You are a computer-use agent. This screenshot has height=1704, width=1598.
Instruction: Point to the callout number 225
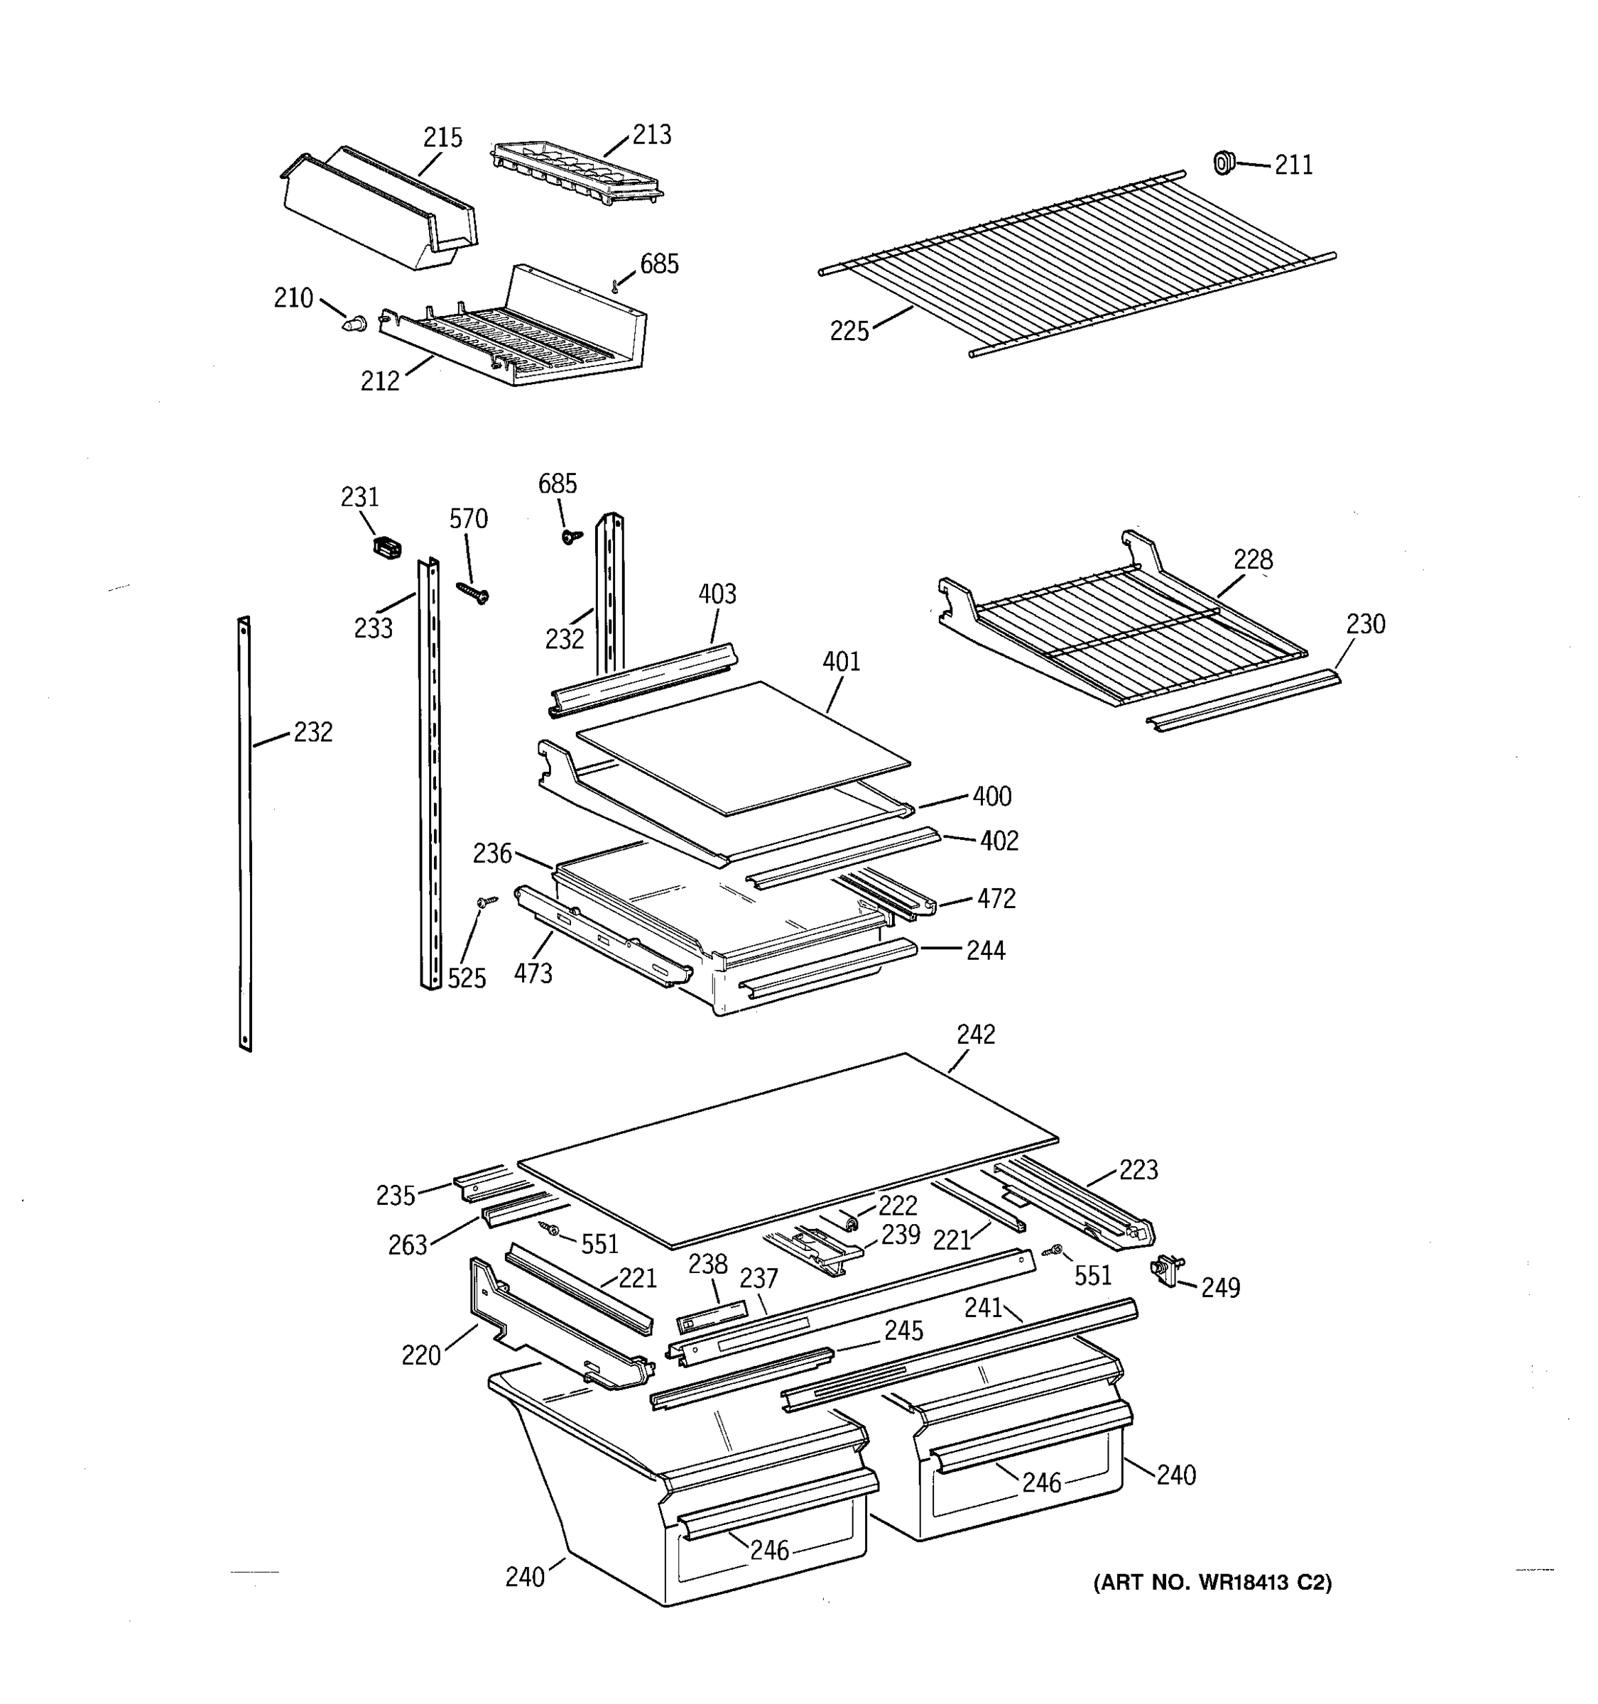[x=849, y=331]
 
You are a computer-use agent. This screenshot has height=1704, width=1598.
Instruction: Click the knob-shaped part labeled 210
[x=355, y=324]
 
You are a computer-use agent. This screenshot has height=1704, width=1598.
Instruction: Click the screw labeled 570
[x=472, y=591]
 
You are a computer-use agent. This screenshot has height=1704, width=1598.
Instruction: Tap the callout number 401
[x=841, y=661]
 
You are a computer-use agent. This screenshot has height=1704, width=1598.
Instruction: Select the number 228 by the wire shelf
[x=1253, y=559]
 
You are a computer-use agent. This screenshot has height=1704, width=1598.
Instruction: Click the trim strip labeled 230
[x=1243, y=699]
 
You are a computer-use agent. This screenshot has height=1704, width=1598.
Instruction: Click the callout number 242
[x=976, y=1034]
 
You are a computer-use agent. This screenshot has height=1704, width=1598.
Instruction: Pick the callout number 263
[x=407, y=1245]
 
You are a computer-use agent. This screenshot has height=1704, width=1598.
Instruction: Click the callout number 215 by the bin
[x=442, y=137]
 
